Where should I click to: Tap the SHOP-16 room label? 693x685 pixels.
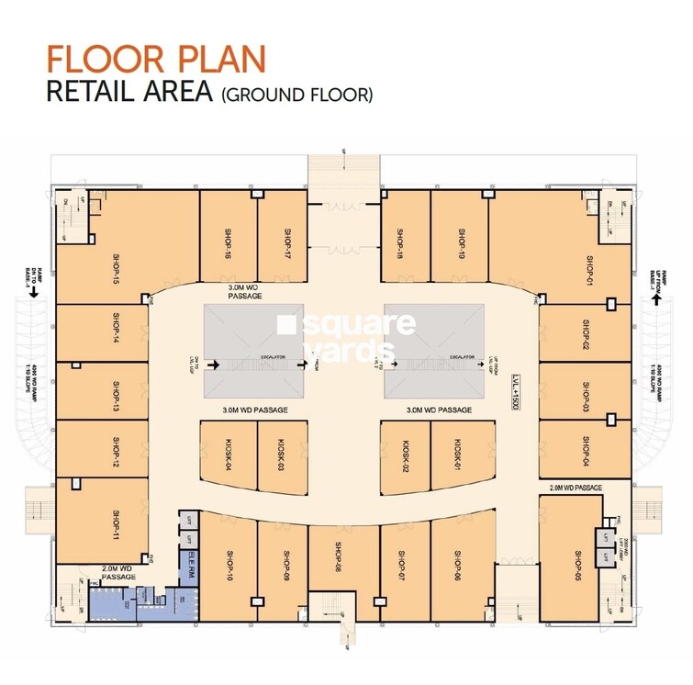tap(226, 243)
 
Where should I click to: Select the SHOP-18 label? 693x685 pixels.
tap(401, 243)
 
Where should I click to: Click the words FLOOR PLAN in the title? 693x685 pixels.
tap(156, 58)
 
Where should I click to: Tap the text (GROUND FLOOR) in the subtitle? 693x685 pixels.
tap(296, 94)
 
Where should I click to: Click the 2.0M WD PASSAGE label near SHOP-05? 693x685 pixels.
tap(576, 487)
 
